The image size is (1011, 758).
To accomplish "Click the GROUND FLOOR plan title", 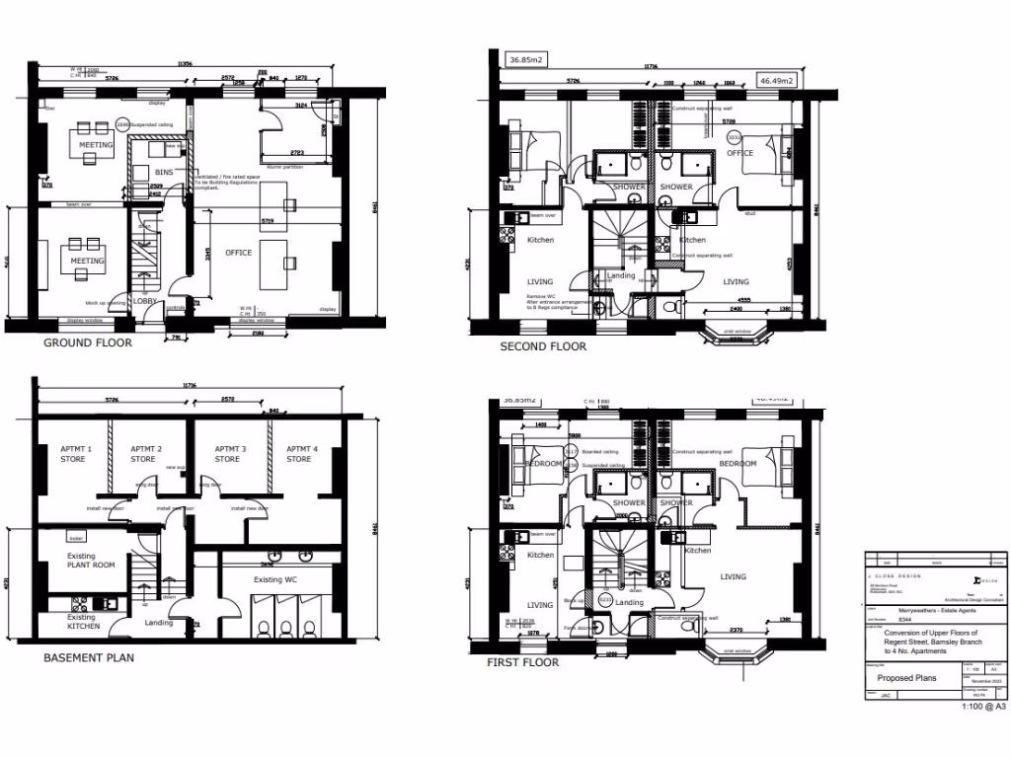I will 87,343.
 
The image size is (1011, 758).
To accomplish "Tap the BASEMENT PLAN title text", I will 88,656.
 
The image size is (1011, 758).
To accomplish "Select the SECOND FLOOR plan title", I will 542,346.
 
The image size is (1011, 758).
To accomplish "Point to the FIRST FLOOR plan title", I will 522,662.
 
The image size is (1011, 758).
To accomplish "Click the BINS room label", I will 164,173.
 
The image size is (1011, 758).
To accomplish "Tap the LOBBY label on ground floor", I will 145,302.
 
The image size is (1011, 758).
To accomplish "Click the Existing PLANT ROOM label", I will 91,561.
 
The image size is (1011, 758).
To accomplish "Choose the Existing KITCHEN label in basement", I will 83,622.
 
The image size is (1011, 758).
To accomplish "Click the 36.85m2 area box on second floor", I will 525,60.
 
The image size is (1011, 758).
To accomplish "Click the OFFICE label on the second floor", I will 740,153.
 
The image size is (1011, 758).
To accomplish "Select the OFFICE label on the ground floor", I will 238,253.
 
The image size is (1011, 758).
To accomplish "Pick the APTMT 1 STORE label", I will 74,454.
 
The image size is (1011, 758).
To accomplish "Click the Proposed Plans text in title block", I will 907,678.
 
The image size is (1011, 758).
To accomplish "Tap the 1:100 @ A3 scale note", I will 983,707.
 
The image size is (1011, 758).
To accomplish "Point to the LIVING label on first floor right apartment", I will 734,576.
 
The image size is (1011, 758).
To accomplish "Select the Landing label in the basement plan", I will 158,623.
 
